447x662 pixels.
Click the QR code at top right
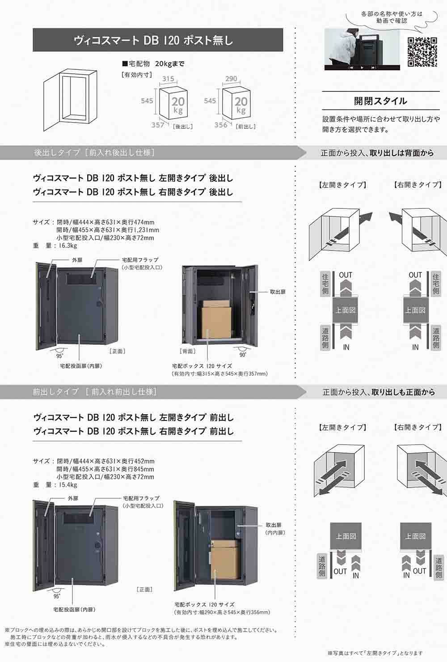click(x=422, y=52)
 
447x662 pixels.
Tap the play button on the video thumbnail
click(x=362, y=68)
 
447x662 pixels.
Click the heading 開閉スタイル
click(x=380, y=101)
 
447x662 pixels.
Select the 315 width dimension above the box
click(x=168, y=79)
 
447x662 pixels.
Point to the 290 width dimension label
click(x=231, y=79)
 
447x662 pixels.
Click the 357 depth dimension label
click(x=158, y=125)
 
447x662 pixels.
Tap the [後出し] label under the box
click(x=183, y=127)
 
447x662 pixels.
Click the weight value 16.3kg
click(x=68, y=246)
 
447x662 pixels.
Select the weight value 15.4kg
click(x=68, y=485)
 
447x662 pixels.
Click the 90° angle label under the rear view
click(x=243, y=355)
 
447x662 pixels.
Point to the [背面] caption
click(x=188, y=351)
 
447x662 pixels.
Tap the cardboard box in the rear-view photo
click(x=216, y=319)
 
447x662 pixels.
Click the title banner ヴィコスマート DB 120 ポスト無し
click(x=158, y=40)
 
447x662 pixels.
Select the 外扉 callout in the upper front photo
click(x=77, y=260)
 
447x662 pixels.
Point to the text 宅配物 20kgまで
click(x=153, y=64)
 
